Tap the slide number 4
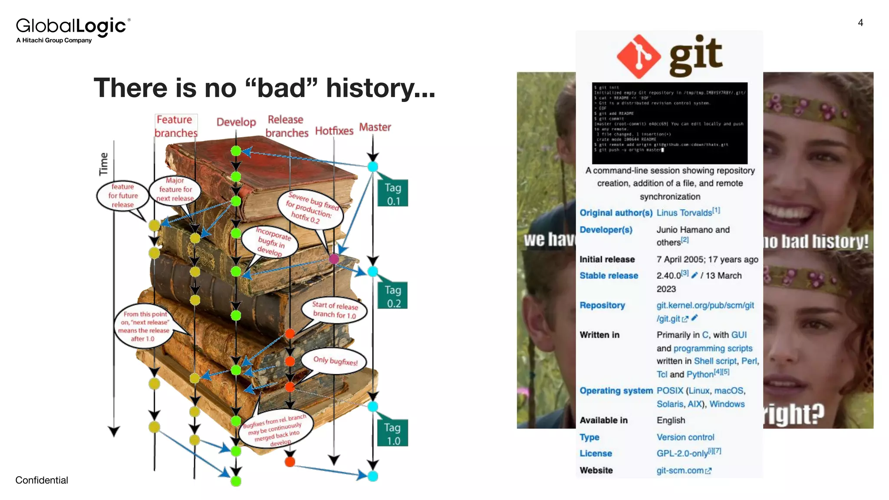pos(860,23)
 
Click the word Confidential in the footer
pos(42,480)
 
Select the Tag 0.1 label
pos(393,194)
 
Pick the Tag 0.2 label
pos(393,296)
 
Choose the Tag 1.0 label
pos(393,434)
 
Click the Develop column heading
pos(236,122)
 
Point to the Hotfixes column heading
pos(334,131)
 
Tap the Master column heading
pos(375,127)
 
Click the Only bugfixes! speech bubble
pos(335,361)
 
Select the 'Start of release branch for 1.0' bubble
pos(335,309)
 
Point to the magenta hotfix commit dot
pos(334,259)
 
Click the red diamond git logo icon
pos(639,56)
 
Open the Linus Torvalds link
pos(684,213)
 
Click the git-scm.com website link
pos(680,470)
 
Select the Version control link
pos(685,437)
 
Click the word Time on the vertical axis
pos(103,164)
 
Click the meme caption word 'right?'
pos(794,414)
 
